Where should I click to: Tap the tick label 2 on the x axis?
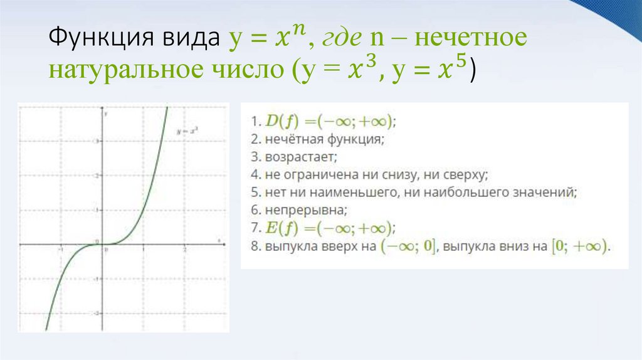click(x=184, y=250)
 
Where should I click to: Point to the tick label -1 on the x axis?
click(x=60, y=250)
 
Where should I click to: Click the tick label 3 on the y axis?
click(x=95, y=141)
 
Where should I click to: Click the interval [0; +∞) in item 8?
click(x=576, y=246)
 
